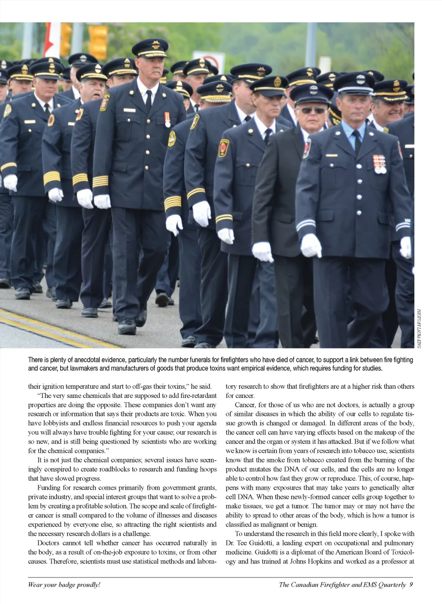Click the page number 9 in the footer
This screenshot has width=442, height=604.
(x=411, y=585)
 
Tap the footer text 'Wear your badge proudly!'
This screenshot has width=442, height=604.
(x=64, y=585)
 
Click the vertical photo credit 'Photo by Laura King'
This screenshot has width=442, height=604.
(x=419, y=328)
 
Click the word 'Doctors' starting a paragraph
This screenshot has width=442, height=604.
(x=49, y=543)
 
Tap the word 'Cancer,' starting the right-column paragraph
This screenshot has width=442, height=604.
(x=245, y=405)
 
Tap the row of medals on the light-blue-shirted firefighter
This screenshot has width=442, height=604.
(x=379, y=164)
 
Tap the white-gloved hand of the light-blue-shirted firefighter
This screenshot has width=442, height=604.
(x=311, y=245)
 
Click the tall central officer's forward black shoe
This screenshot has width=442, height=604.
(x=127, y=326)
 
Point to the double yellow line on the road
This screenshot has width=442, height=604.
(x=43, y=326)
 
